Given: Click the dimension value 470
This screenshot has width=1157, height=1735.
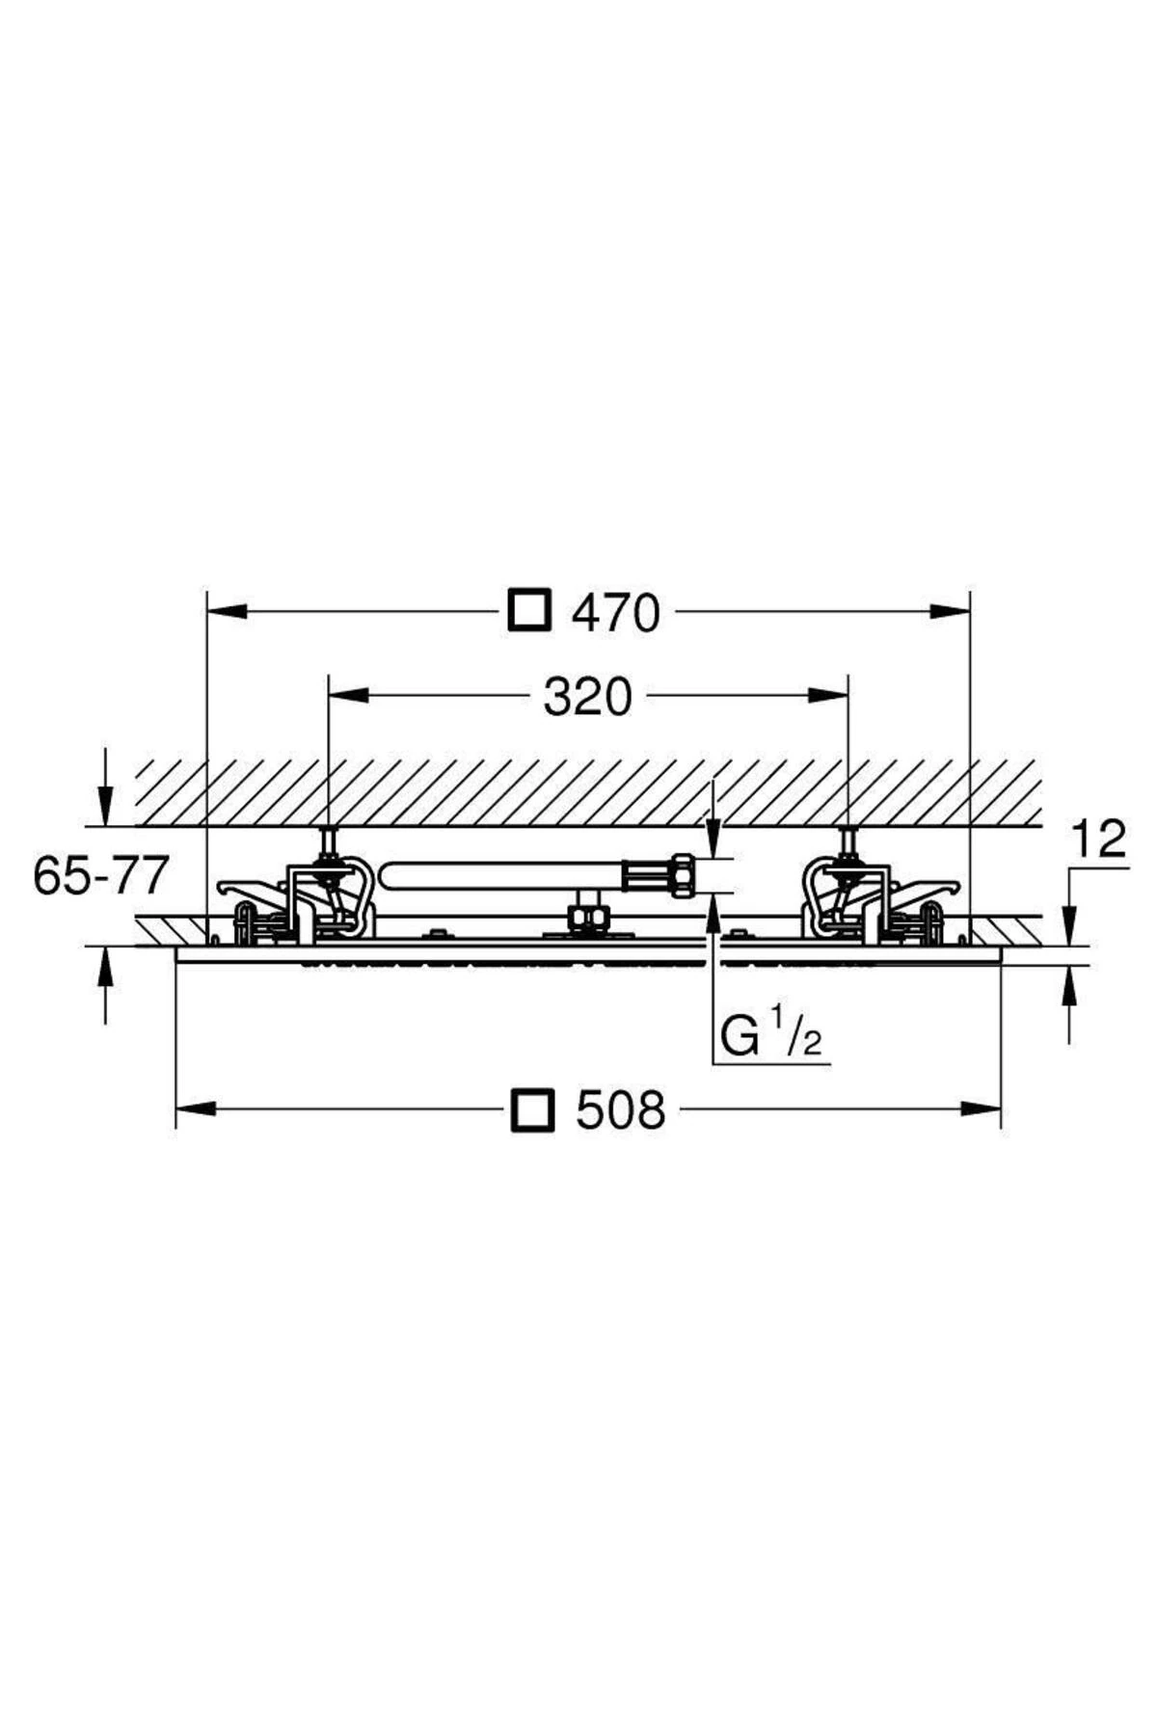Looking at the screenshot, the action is click(x=616, y=613).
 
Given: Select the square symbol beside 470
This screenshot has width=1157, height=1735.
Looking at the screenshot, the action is click(x=529, y=610).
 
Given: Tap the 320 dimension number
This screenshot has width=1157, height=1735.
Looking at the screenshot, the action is click(x=587, y=697).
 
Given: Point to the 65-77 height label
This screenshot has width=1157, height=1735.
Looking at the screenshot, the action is click(x=101, y=875).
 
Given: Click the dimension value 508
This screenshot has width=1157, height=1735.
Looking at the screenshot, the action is click(x=621, y=1110).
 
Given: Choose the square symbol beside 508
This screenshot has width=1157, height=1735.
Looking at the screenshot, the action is click(x=533, y=1109).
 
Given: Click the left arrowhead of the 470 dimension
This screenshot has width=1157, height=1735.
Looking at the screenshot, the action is click(x=229, y=610).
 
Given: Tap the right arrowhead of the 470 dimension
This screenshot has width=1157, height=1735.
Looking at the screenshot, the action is click(x=950, y=610).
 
